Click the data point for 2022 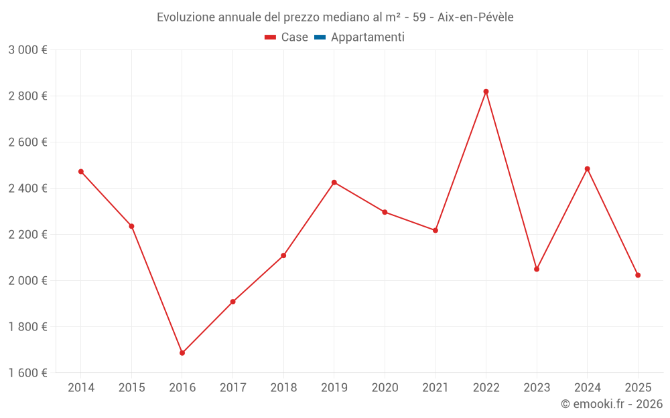point(486,92)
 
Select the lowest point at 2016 point(182,352)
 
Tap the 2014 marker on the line point(81,172)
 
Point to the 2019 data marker point(334,183)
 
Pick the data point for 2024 point(587,169)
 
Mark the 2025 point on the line point(638,275)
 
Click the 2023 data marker point(537,269)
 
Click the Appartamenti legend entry point(367,37)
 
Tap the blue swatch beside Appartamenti point(320,37)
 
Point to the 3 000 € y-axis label point(28,50)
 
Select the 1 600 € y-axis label point(28,373)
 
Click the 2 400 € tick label point(28,189)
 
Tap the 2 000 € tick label point(28,280)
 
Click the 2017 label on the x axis point(232,387)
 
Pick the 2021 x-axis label point(435,387)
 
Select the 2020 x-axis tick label point(385,387)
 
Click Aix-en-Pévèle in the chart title point(476,17)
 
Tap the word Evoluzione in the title point(186,17)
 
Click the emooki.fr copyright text point(612,404)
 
